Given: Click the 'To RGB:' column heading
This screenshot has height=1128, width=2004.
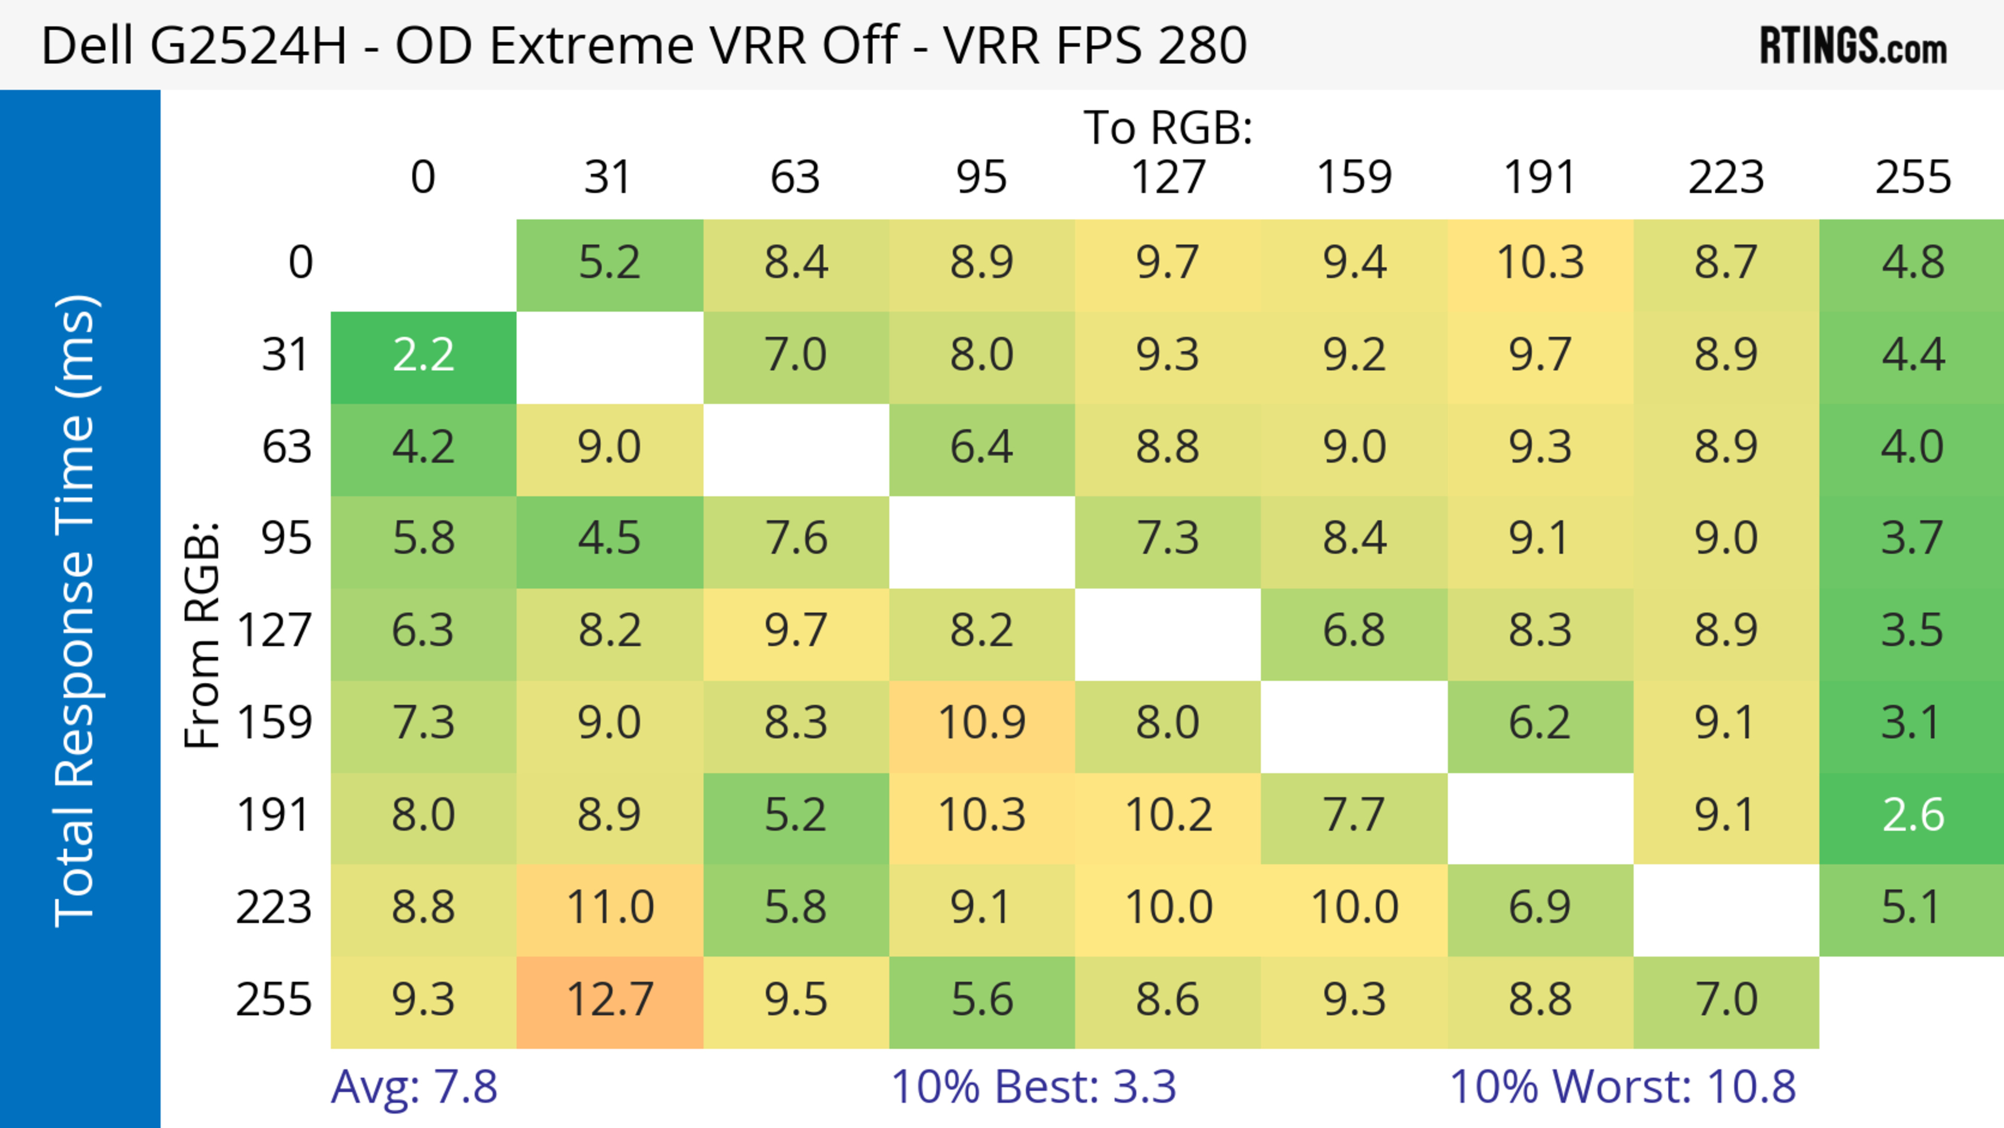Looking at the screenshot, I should click(1168, 127).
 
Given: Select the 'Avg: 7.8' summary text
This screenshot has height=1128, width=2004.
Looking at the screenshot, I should click(414, 1087).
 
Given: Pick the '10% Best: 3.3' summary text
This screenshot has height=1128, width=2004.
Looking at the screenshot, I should click(1033, 1087).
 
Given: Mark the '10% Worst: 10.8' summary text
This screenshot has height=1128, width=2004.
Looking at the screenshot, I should click(1622, 1087).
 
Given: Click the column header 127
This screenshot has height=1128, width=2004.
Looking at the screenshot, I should click(1168, 178).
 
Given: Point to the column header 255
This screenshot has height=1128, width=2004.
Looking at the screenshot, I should click(1912, 178).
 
